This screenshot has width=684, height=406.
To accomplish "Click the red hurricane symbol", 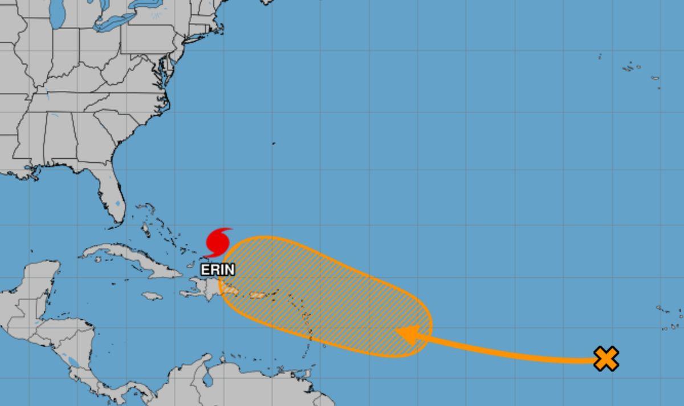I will (217, 243).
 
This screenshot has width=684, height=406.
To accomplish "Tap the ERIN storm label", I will (217, 270).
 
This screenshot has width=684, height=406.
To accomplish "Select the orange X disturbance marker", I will (606, 359).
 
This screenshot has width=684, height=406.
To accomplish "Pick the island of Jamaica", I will (152, 296).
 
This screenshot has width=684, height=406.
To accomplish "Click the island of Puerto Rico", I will (258, 295).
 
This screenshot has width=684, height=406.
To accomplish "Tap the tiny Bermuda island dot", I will (274, 143).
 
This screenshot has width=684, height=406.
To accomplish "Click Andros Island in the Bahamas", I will (146, 230).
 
